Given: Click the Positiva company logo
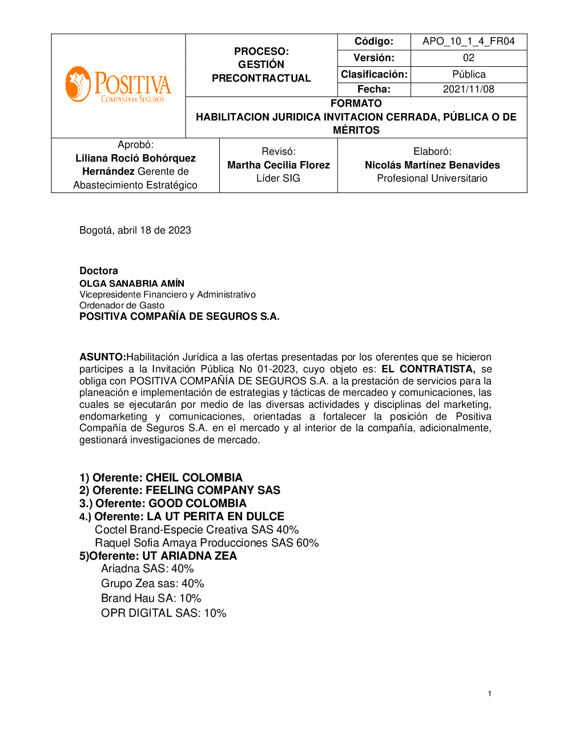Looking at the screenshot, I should [x=118, y=85].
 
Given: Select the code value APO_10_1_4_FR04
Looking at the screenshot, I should [x=468, y=41].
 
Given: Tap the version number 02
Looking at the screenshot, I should [x=468, y=58].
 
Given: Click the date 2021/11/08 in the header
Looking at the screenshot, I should [x=468, y=89].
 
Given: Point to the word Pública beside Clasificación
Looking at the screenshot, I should [x=468, y=74].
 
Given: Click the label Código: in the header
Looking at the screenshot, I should [x=374, y=41].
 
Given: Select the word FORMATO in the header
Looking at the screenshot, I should [x=356, y=103].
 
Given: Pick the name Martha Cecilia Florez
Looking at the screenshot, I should [x=278, y=165].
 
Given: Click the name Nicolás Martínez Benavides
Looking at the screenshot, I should [x=432, y=165].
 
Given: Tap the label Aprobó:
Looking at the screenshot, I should [x=135, y=144].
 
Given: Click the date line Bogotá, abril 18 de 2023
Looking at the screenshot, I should [x=135, y=230].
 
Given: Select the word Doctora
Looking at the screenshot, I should [x=99, y=271].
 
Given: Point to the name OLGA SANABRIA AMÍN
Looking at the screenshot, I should [x=132, y=283].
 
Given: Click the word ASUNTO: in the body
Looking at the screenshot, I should [x=102, y=357].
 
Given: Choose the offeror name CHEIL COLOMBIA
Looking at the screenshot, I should [x=194, y=477].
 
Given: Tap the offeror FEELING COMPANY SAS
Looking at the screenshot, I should [x=213, y=490].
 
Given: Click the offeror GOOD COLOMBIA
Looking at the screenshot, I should [x=198, y=503].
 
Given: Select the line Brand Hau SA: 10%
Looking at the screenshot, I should [x=151, y=598].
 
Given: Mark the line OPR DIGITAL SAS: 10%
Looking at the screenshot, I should [x=164, y=613].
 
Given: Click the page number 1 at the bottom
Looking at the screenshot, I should [x=489, y=693].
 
